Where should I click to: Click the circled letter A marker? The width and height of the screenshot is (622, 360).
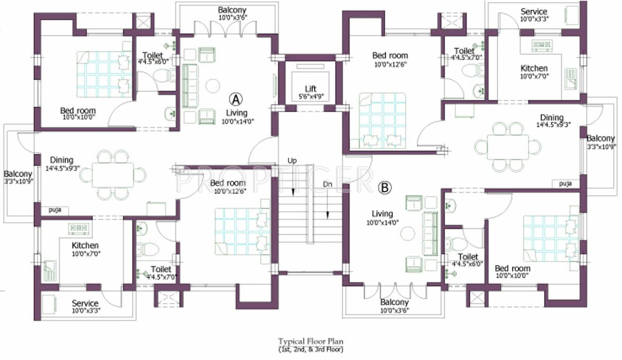point(236,99)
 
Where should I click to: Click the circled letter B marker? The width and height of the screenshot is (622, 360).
point(384,188)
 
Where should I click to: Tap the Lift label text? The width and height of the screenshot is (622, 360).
point(310,89)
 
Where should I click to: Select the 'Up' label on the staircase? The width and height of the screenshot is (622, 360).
point(292,161)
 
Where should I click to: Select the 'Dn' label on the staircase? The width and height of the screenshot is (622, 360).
point(327,184)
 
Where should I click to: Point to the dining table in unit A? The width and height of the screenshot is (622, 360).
point(112,175)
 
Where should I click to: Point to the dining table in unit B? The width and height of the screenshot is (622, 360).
point(508,147)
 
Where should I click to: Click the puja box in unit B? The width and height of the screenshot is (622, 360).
point(565,184)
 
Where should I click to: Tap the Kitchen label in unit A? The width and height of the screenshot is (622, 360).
point(85,246)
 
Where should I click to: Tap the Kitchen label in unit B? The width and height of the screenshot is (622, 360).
point(534,68)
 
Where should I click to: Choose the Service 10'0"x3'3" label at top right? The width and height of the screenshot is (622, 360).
point(534,15)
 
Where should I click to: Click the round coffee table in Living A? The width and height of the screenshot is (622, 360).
point(213,86)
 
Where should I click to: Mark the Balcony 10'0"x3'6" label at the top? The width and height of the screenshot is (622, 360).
point(232,13)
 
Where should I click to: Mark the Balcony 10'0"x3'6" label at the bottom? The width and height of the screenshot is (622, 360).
point(394,306)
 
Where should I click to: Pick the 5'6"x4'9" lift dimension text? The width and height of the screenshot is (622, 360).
point(310,97)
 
